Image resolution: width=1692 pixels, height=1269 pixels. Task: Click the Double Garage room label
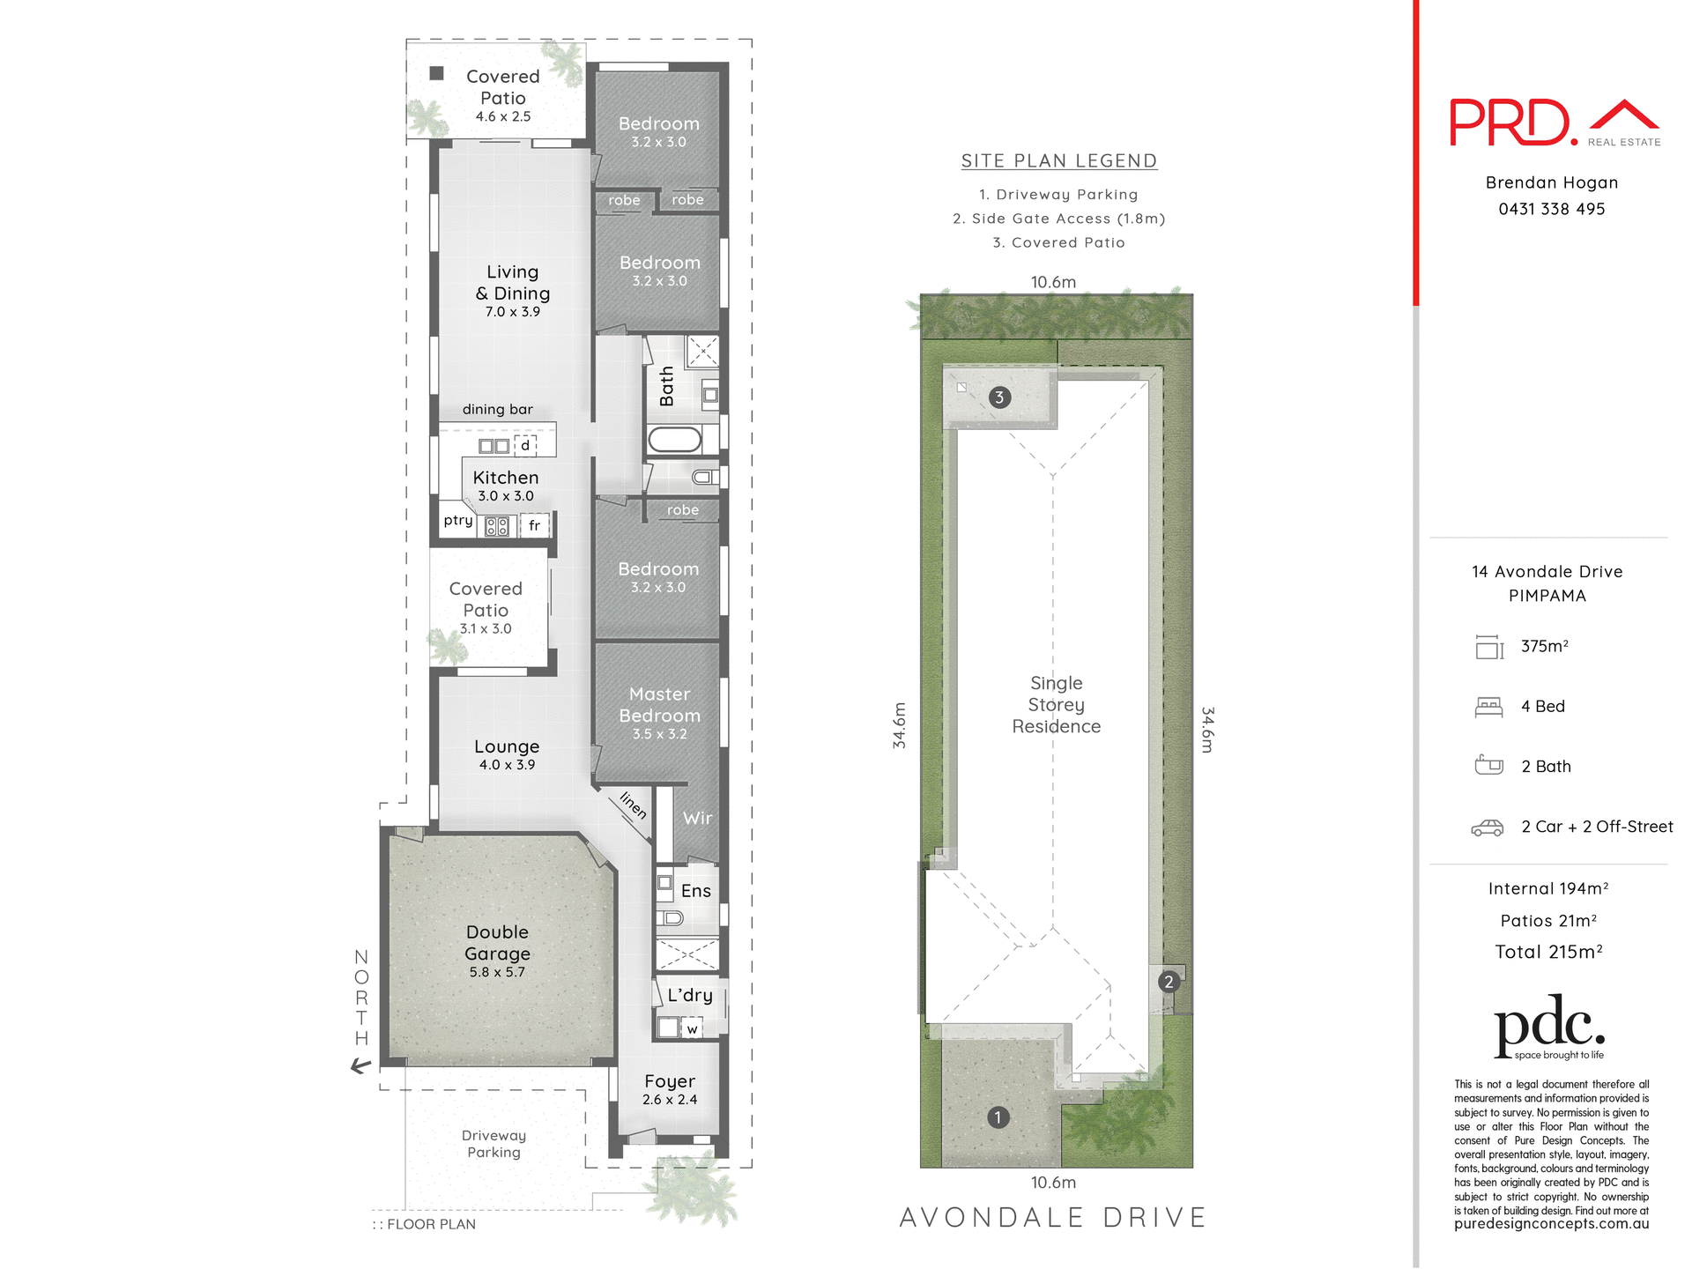tap(497, 943)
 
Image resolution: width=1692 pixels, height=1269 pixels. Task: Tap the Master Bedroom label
tap(659, 705)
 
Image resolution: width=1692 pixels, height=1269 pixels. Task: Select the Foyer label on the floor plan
tap(670, 1081)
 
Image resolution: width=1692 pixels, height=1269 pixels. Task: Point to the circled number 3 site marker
tap(999, 397)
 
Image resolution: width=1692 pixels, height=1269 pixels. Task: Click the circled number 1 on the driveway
tap(998, 1117)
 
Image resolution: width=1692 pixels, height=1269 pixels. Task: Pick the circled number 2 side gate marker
tap(1169, 982)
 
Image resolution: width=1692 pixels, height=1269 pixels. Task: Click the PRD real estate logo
tap(1555, 123)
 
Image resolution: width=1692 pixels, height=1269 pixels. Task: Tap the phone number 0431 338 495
tap(1552, 209)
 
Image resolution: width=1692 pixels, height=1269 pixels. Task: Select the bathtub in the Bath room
tap(675, 438)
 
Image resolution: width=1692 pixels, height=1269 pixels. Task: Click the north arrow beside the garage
tap(360, 1066)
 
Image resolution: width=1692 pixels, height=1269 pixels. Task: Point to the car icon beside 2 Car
tap(1488, 827)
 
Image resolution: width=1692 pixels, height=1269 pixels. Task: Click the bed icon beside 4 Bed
tap(1488, 707)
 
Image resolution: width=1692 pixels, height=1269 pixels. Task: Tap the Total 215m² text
tap(1548, 952)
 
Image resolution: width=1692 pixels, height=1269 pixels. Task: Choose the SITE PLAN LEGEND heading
tap(1058, 161)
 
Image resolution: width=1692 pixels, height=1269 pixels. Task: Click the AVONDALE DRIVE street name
tap(1053, 1217)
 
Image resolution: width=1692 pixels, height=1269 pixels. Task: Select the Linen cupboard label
tap(634, 805)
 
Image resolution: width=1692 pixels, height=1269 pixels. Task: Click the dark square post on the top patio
tap(436, 73)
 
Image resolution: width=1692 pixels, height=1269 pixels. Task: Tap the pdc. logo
tap(1549, 1027)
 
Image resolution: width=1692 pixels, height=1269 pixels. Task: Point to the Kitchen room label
tap(505, 478)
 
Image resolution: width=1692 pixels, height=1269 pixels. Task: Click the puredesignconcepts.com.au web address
tap(1551, 1224)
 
